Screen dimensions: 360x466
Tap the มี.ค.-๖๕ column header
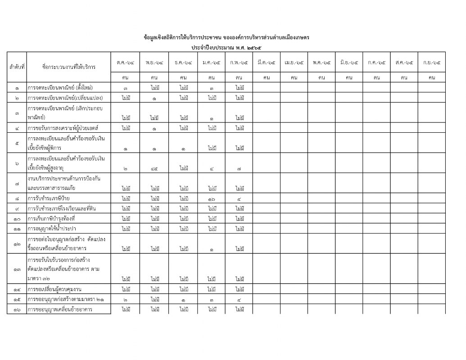tap(266, 62)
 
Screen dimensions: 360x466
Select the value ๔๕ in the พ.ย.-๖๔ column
tap(154, 168)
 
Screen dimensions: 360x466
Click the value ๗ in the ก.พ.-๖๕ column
tap(239, 168)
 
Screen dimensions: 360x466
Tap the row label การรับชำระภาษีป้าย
tap(49, 198)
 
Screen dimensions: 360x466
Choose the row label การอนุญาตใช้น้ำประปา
tap(52, 229)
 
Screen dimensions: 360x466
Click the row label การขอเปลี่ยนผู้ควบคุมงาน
tap(57, 289)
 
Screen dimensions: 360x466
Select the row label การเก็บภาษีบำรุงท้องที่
tap(51, 219)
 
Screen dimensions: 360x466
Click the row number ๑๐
tap(17, 219)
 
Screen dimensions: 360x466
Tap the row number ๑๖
tap(17, 309)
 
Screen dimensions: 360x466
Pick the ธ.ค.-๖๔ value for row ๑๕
tap(183, 299)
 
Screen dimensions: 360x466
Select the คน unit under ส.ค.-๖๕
tap(404, 77)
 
